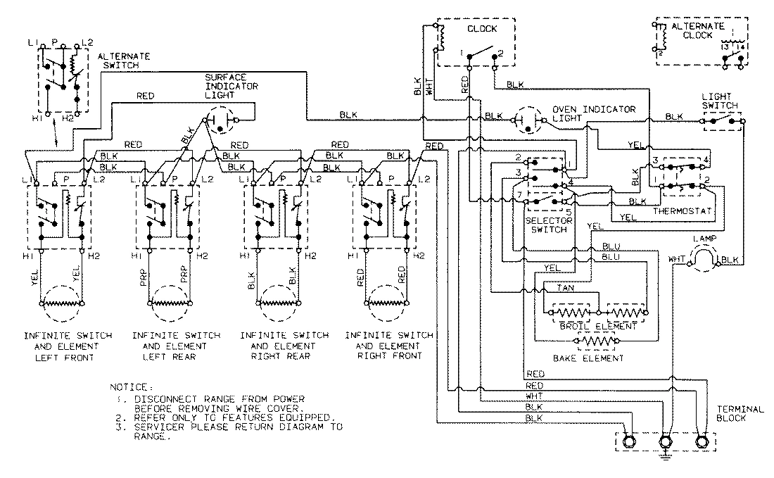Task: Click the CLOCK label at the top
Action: click(483, 29)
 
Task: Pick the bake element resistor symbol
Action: click(597, 342)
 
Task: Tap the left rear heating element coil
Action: click(167, 304)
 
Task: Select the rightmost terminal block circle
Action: click(701, 443)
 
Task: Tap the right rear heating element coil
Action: click(276, 304)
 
